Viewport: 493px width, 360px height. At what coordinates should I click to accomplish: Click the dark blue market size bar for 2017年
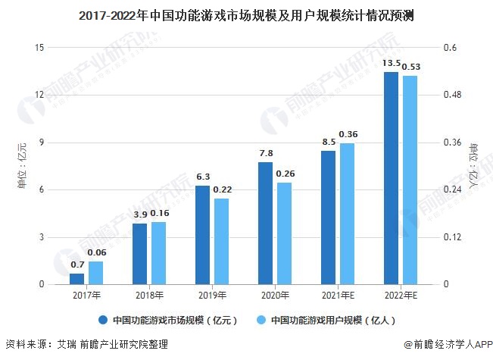77,279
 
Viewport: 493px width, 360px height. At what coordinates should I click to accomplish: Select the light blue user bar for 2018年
158,253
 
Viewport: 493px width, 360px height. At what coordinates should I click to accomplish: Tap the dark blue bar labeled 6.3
202,235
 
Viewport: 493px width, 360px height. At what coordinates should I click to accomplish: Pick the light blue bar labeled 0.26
284,233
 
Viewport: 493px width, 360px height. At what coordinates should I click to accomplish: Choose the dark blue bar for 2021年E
328,218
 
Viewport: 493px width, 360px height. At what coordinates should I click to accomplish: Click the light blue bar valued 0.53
410,180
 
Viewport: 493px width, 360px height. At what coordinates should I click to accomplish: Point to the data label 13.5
392,63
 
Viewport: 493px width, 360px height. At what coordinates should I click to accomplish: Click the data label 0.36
348,134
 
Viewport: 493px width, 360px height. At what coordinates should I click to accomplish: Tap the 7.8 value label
266,153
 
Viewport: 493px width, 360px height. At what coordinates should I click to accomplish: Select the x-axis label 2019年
212,295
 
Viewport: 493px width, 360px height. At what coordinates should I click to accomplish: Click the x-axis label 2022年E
400,295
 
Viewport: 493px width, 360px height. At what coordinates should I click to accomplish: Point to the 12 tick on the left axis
39,95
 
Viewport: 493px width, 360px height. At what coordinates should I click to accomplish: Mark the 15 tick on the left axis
39,48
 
